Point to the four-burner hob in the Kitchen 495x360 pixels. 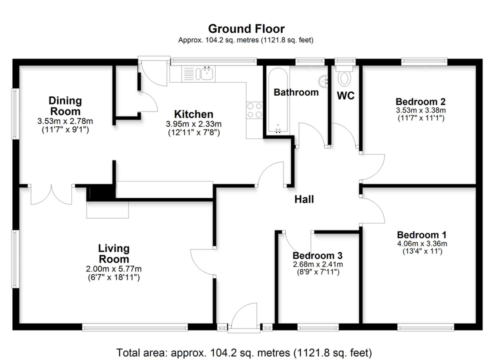pos(254,110)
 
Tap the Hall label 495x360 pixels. pos(304,199)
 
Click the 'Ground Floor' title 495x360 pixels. pos(246,28)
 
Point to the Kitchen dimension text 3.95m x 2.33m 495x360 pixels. pos(193,124)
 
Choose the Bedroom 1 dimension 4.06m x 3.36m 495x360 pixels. pos(421,244)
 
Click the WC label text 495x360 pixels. pos(345,96)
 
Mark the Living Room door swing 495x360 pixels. pos(203,262)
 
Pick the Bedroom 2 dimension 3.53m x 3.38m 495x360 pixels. pos(420,110)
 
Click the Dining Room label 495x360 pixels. pos(64,106)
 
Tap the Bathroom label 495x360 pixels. pos(296,92)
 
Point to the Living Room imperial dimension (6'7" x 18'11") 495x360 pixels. pos(113,276)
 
